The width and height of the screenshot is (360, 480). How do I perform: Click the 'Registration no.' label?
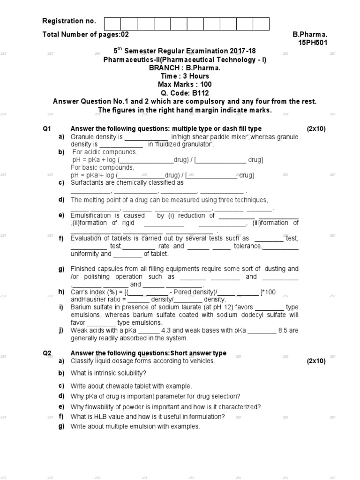[69, 21]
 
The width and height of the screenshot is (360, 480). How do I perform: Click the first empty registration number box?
[112, 24]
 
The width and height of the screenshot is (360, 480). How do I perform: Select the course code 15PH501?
[313, 43]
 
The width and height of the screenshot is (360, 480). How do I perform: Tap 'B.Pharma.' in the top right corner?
[310, 35]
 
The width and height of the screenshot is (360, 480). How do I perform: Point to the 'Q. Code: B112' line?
[185, 93]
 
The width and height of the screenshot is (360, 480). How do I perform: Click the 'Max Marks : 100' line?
[185, 84]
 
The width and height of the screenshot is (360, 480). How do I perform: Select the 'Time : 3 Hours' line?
[185, 76]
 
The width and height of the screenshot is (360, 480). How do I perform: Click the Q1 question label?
[47, 129]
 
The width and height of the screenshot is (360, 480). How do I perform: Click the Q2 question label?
[47, 353]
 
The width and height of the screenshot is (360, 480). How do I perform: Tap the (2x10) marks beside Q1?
[316, 129]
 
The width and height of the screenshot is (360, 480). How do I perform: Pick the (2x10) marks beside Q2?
[316, 361]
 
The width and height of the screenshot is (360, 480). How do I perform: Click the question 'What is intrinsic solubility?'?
[108, 373]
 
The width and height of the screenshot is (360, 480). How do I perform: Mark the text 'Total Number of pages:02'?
[85, 35]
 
